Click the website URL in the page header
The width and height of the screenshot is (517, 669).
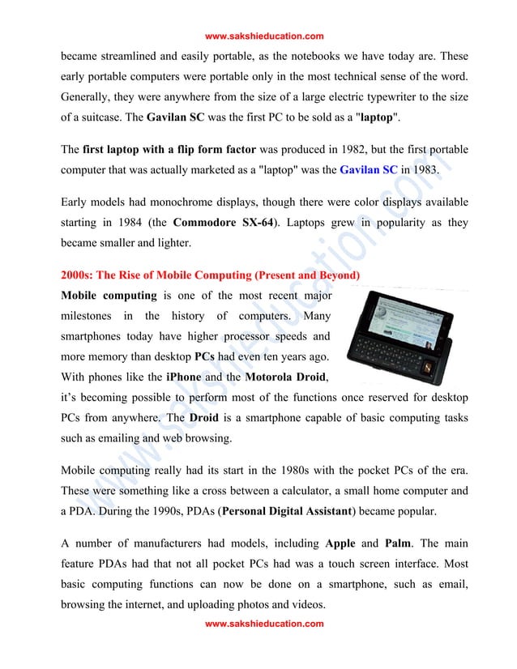pos(264,36)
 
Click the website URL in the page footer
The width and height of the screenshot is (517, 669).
pos(264,624)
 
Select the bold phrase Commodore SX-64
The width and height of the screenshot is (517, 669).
pos(224,222)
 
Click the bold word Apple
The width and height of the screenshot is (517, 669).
pos(339,544)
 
